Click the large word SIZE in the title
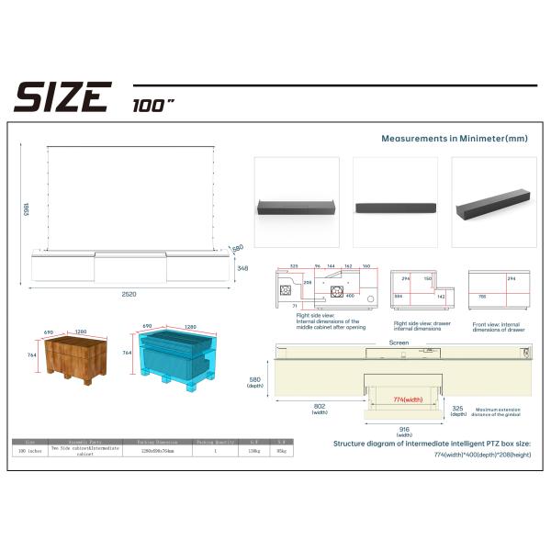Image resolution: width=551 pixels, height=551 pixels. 62,96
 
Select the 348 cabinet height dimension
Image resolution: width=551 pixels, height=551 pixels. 242,268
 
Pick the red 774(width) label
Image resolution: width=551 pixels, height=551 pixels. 408,400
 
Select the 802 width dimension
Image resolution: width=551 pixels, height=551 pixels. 320,408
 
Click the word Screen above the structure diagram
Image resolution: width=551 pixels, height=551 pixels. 399,342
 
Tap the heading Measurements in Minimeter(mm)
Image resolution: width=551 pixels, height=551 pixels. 455,138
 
